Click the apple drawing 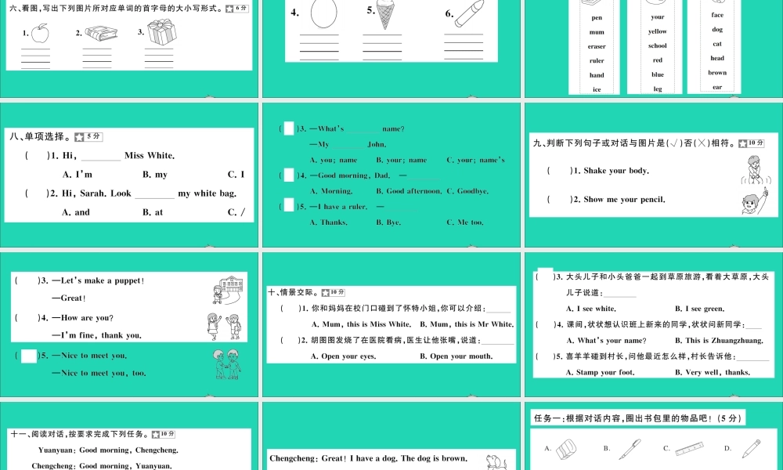pos(41,33)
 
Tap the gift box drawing pos(161,32)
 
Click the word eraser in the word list pos(597,46)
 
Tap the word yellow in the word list pos(658,31)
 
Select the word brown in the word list pos(717,73)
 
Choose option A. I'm pos(78,175)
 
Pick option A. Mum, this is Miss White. pos(361,324)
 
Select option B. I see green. pos(699,309)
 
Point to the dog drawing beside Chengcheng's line pos(494,461)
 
